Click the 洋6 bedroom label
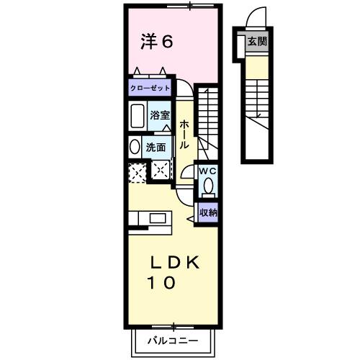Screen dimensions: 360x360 click(x=156, y=42)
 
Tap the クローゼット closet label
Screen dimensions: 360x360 click(x=150, y=88)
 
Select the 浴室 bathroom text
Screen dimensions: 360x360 click(x=159, y=114)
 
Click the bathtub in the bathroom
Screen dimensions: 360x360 click(x=138, y=115)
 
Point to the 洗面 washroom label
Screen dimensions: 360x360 click(x=156, y=146)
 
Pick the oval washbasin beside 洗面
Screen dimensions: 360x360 click(x=135, y=146)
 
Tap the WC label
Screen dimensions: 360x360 click(x=207, y=171)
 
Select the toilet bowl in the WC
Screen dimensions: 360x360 click(x=208, y=186)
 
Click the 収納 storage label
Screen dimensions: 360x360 click(x=209, y=212)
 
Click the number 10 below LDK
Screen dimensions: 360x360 click(x=161, y=283)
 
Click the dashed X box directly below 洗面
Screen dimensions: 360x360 click(x=159, y=170)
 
